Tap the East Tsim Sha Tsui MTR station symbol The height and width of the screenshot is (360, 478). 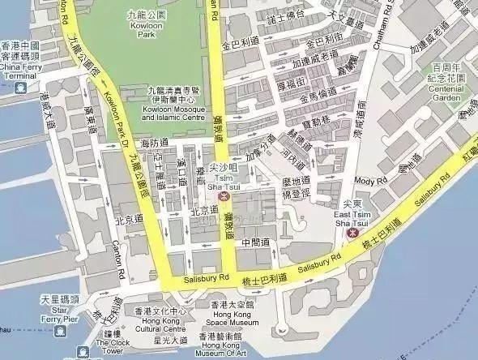[352, 232]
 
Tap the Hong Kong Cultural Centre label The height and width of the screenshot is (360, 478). [160, 324]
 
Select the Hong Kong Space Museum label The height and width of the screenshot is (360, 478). [233, 317]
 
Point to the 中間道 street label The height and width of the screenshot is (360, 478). [256, 242]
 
